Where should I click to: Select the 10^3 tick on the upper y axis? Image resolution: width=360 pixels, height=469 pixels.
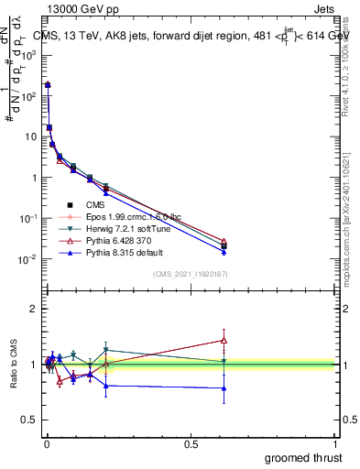coord(29,54)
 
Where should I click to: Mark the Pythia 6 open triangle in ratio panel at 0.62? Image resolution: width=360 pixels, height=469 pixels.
coord(224,340)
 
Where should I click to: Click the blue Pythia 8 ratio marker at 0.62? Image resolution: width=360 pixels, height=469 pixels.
coord(224,387)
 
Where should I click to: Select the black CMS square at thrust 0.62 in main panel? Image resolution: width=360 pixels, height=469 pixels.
coord(224,246)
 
